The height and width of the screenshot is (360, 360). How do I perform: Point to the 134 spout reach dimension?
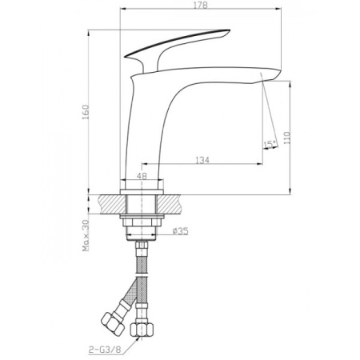(x=202, y=161)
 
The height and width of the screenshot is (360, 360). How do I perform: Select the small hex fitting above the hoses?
(x=142, y=240)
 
